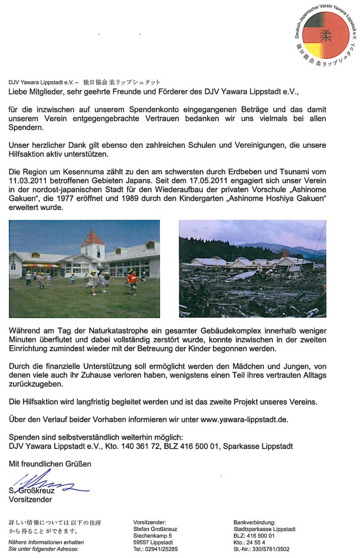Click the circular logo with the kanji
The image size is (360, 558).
[325, 35]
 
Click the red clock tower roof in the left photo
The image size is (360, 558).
[93, 238]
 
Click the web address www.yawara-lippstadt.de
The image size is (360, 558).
[243, 419]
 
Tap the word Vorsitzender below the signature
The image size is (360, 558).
[30, 499]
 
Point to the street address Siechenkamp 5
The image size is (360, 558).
[153, 536]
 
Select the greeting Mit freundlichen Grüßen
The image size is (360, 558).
[50, 463]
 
